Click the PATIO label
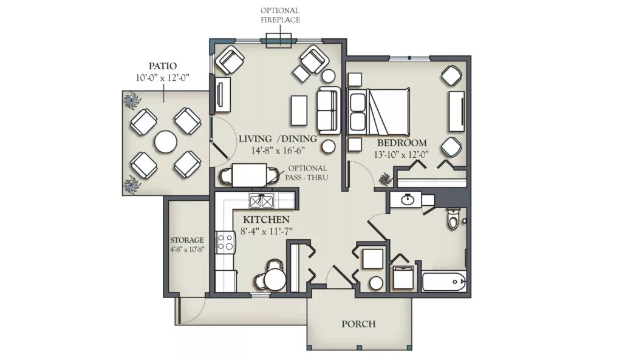click(x=163, y=66)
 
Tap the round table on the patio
click(x=166, y=142)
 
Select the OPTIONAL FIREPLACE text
click(x=280, y=15)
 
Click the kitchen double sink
click(x=261, y=202)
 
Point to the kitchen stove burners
click(x=225, y=242)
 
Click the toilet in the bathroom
click(x=453, y=218)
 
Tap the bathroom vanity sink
click(x=406, y=200)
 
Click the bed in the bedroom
click(x=378, y=112)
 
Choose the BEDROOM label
click(x=402, y=143)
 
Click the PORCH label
click(x=358, y=324)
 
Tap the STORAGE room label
click(x=187, y=240)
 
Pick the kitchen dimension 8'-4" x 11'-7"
click(x=267, y=231)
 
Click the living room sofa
click(x=329, y=110)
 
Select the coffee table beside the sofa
click(x=299, y=110)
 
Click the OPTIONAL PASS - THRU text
click(x=307, y=173)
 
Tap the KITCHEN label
click(x=266, y=220)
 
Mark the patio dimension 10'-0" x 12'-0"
click(x=163, y=78)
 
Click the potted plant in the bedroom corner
click(x=384, y=179)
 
